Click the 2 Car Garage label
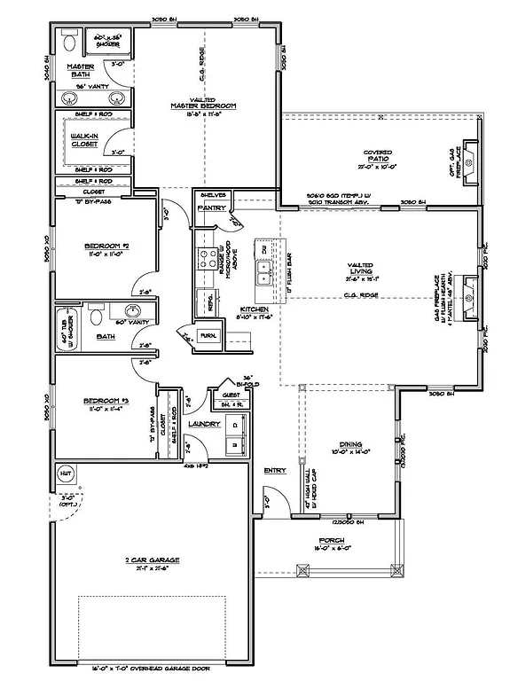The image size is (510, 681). [153, 560]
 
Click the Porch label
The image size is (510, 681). [332, 541]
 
